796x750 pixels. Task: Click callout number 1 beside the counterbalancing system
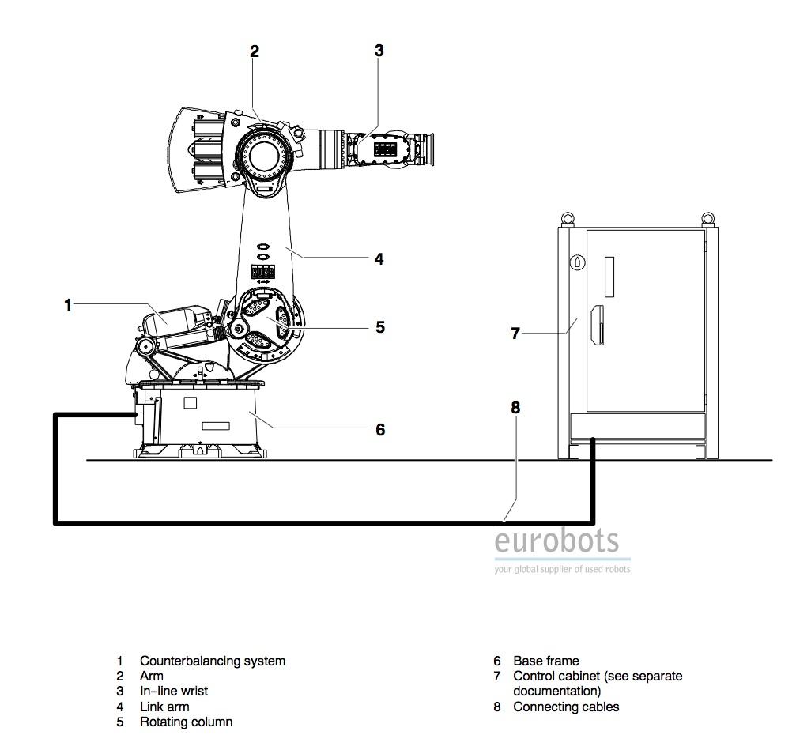[67, 305]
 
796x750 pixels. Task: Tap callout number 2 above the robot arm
[255, 51]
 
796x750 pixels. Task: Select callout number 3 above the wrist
[379, 51]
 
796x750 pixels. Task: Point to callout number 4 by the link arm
[379, 258]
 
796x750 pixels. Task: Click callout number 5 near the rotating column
[380, 327]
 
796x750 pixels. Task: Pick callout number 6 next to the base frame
[380, 430]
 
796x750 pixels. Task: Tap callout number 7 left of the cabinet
[515, 334]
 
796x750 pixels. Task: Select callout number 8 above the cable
[515, 408]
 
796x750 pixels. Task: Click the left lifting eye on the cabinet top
[568, 219]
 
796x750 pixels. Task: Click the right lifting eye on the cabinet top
[708, 219]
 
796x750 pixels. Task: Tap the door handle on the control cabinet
[598, 326]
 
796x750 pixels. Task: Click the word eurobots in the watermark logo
[557, 541]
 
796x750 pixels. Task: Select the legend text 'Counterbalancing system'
[212, 661]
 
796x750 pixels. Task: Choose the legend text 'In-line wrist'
[174, 692]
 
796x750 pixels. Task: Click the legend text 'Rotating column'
[187, 722]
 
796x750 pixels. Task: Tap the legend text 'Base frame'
[545, 661]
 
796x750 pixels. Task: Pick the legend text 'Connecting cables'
[566, 707]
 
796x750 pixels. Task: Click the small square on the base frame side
[190, 403]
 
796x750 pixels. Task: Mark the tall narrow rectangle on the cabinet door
[609, 277]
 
